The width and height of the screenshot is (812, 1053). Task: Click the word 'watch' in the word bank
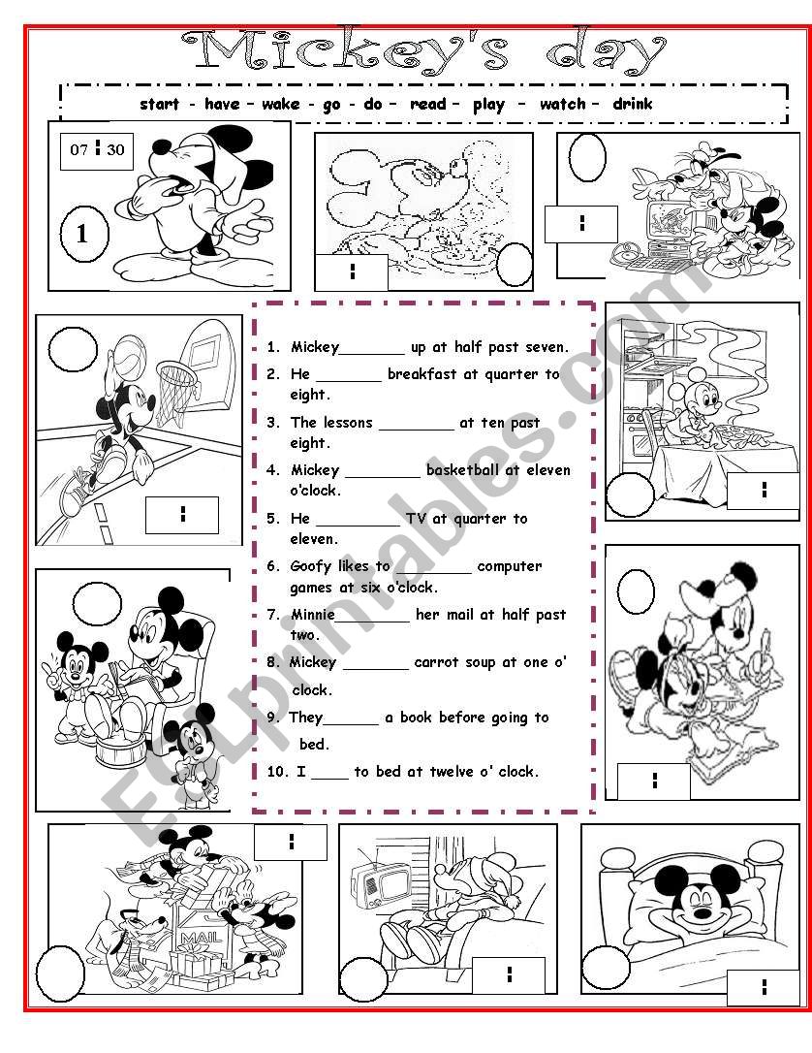tap(562, 104)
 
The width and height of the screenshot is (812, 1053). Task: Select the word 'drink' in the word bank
tap(633, 104)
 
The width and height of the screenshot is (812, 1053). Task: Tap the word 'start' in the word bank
tap(160, 104)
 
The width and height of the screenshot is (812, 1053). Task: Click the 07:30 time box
tap(97, 149)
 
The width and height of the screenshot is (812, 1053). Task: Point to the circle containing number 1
tap(82, 234)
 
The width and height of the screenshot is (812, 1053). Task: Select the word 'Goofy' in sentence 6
tap(313, 566)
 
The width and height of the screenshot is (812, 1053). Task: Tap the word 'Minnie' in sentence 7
tap(313, 615)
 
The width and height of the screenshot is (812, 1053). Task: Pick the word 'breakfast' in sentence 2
tap(422, 374)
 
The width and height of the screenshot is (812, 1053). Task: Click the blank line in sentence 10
tap(329, 773)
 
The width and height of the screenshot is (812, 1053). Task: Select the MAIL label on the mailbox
tap(198, 939)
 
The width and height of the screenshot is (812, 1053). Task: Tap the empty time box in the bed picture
tap(765, 986)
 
